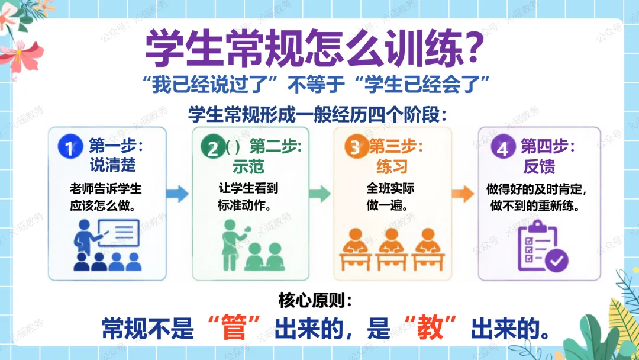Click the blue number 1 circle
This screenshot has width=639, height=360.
click(x=70, y=147)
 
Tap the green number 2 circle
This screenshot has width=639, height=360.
click(x=213, y=147)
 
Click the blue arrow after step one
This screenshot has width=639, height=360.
click(x=177, y=194)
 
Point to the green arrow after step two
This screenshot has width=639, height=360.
click(x=319, y=194)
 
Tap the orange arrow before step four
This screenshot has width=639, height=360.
click(x=463, y=194)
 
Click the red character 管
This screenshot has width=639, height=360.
click(x=234, y=329)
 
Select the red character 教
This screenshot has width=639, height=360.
click(x=430, y=329)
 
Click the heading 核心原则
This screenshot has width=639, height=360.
click(x=314, y=300)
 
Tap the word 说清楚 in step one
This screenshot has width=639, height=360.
click(x=113, y=165)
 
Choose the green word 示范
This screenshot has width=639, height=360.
click(x=248, y=166)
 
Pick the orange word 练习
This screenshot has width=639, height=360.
click(x=392, y=166)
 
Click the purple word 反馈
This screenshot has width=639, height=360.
click(x=539, y=166)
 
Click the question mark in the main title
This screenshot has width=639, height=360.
click(x=474, y=47)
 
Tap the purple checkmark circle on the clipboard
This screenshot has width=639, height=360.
click(x=557, y=260)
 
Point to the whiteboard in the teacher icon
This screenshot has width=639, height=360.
click(x=119, y=233)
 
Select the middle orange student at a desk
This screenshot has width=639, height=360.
click(x=391, y=249)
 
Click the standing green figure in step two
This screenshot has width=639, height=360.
click(x=231, y=245)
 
